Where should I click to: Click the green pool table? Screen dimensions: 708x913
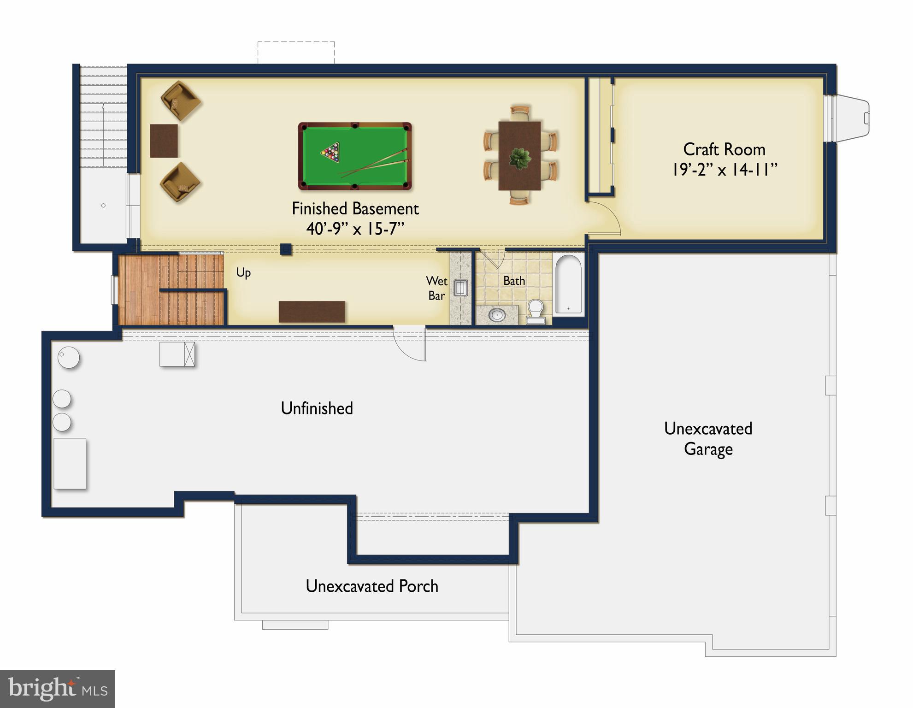355,156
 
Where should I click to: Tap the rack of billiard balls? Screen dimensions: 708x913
331,152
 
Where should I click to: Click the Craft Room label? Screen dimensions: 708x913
724,149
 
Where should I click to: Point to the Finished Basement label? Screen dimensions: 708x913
355,209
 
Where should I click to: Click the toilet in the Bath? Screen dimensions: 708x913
536,311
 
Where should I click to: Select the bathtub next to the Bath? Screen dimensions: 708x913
568,284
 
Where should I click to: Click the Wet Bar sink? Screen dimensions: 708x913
460,288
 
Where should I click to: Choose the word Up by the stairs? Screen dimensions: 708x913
243,272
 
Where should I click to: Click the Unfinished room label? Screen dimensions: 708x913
317,408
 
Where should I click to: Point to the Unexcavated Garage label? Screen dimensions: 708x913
708,439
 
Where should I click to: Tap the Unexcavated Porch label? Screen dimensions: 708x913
372,586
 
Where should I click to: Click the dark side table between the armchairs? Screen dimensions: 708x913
164,141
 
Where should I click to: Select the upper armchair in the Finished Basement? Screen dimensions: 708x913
180,101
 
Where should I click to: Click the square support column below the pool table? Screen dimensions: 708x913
286,249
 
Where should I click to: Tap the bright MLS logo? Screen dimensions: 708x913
58,689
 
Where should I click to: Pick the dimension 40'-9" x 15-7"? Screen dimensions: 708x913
355,229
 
